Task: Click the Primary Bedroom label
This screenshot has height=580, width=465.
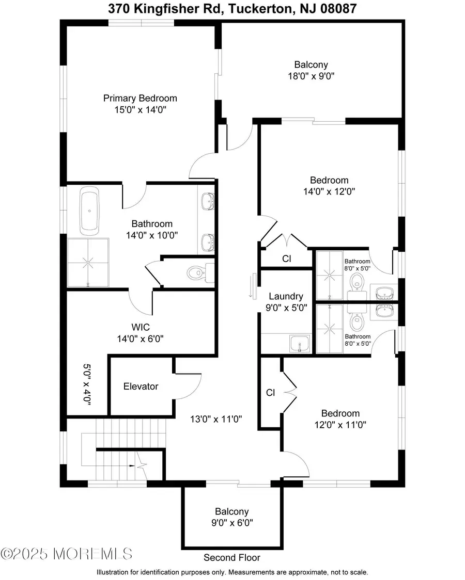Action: point(140,98)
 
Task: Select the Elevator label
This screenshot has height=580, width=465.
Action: point(141,386)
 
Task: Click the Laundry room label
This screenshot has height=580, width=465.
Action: point(286,296)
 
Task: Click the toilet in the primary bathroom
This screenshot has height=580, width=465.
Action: point(197,272)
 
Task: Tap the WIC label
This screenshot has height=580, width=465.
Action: point(141,327)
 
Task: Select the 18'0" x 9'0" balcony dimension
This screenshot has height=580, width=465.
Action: point(311,76)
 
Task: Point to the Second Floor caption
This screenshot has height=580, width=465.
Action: point(232,557)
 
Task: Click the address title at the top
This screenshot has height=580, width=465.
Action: point(232,9)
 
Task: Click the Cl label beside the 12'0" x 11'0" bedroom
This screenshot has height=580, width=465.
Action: point(270,393)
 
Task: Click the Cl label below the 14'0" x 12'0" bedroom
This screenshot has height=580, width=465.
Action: point(287,259)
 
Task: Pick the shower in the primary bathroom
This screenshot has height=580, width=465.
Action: point(88,263)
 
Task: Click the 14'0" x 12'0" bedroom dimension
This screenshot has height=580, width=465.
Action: point(329,191)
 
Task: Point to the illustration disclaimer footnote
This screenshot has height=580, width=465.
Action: point(232,572)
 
